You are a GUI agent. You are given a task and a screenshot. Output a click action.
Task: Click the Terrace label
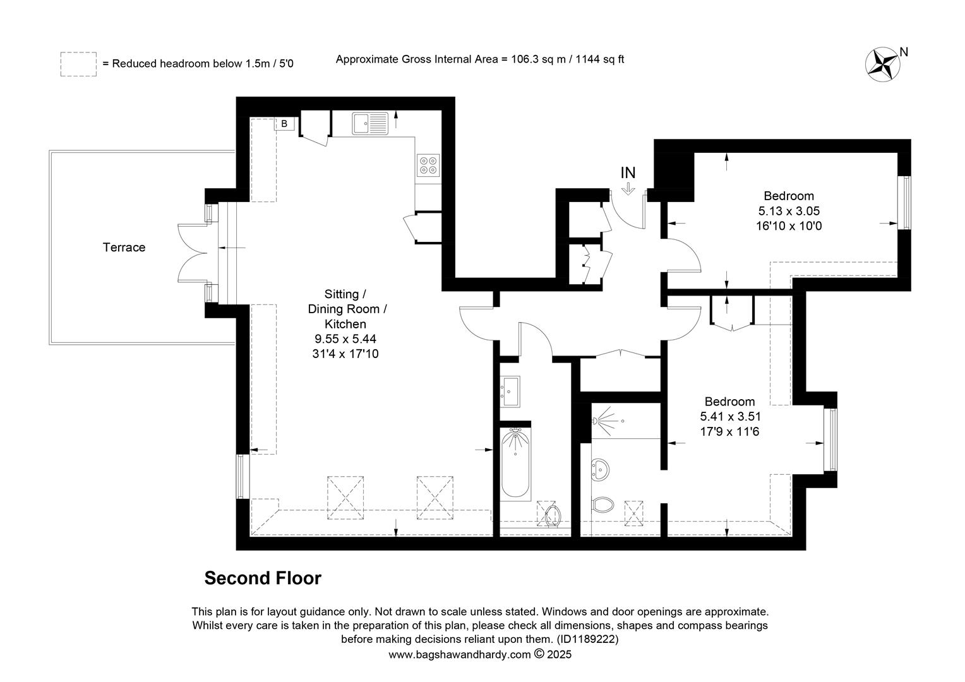[x=124, y=248]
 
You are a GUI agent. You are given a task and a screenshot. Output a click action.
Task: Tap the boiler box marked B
[x=284, y=124]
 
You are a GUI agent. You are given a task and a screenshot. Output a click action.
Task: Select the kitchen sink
[x=370, y=123]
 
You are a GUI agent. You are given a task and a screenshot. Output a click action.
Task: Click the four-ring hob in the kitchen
[x=428, y=165]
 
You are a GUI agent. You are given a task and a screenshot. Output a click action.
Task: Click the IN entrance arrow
[x=628, y=189]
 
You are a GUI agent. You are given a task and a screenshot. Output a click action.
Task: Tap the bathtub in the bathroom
[x=515, y=463]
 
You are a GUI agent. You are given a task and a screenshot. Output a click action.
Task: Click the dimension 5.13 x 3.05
[x=789, y=211]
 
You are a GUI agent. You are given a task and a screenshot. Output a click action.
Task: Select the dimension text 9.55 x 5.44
[x=345, y=339]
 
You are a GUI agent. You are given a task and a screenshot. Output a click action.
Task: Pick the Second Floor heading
[x=263, y=578]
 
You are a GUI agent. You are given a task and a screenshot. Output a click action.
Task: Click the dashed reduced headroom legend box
[x=78, y=64]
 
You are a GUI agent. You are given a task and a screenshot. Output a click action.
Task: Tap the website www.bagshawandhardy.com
[x=460, y=655]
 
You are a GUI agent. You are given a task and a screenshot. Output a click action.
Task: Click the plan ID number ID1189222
[x=587, y=639]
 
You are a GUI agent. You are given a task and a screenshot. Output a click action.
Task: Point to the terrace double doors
[x=193, y=253]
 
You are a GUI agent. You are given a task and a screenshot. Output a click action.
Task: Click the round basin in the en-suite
[x=600, y=469]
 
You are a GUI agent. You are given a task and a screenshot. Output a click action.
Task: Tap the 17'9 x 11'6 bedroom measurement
[x=730, y=431]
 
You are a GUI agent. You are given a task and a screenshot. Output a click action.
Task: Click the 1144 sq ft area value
[x=600, y=59]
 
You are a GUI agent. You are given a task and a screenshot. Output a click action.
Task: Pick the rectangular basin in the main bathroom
[x=510, y=391]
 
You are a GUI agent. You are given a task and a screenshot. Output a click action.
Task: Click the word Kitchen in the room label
[x=345, y=324]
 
